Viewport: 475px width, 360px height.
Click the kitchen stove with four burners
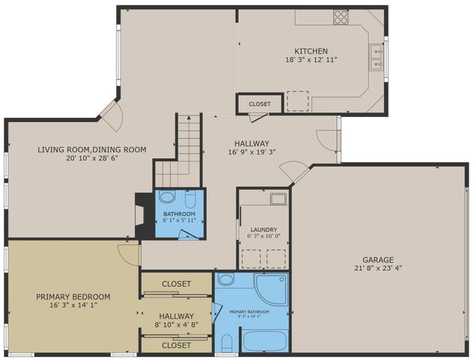pyautogui.click(x=341, y=16)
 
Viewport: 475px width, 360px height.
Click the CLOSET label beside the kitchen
pyautogui.click(x=260, y=103)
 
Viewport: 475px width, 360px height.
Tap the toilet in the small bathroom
pyautogui.click(x=191, y=200)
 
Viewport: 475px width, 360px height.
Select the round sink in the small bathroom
pyautogui.click(x=167, y=199)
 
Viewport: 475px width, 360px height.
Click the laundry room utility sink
pyautogui.click(x=277, y=199)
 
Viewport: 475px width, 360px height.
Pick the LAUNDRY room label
pyautogui.click(x=263, y=229)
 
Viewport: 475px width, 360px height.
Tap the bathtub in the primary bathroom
pyautogui.click(x=264, y=340)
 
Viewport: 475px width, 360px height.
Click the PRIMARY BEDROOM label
pyautogui.click(x=73, y=295)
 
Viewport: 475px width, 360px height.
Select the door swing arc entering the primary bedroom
pyautogui.click(x=130, y=253)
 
